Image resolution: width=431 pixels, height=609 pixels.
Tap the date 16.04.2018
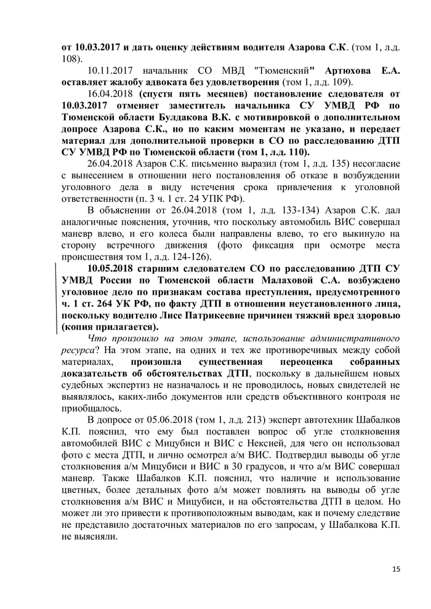pyautogui.click(x=111, y=94)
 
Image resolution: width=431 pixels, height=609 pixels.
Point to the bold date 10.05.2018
pyautogui.click(x=111, y=269)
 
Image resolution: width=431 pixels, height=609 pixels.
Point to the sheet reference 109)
pyautogui.click(x=342, y=82)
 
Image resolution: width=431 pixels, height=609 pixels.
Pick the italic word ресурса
pyautogui.click(x=77, y=350)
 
